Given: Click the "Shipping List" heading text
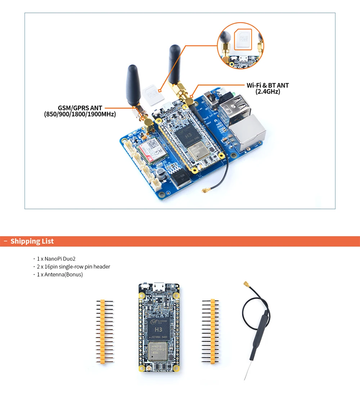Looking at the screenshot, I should click(32, 241).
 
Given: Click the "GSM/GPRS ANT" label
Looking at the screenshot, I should click(80, 108).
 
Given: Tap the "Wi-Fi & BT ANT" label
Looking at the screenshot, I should click(267, 85).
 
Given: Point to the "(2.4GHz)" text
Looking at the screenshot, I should click(267, 92).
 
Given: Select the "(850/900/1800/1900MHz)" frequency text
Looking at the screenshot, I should click(80, 115).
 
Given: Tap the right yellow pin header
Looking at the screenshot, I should click(212, 331).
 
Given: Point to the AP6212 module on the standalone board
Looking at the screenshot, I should click(159, 351).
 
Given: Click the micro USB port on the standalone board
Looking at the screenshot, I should click(159, 287).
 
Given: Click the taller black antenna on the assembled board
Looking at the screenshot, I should click(175, 65).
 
